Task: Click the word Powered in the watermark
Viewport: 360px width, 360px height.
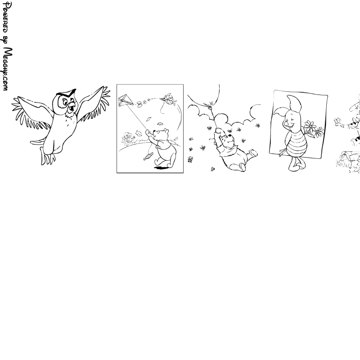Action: (x=5, y=18)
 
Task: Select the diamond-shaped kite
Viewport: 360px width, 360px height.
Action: (x=126, y=100)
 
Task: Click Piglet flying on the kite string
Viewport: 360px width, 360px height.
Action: (x=168, y=98)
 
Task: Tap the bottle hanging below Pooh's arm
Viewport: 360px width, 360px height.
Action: (x=148, y=157)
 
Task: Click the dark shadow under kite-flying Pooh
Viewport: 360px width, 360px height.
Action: (x=161, y=168)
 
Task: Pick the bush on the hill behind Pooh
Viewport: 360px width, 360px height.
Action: (x=128, y=139)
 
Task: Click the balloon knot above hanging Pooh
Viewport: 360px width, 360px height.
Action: (x=209, y=106)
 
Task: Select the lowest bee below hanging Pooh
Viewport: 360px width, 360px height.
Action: (x=213, y=169)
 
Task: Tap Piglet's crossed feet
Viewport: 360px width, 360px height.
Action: (x=296, y=166)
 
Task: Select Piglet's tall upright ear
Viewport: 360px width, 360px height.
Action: (x=294, y=103)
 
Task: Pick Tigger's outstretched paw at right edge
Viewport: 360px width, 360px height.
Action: (x=338, y=121)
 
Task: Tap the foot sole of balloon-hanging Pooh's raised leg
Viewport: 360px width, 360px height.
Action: (x=253, y=153)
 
